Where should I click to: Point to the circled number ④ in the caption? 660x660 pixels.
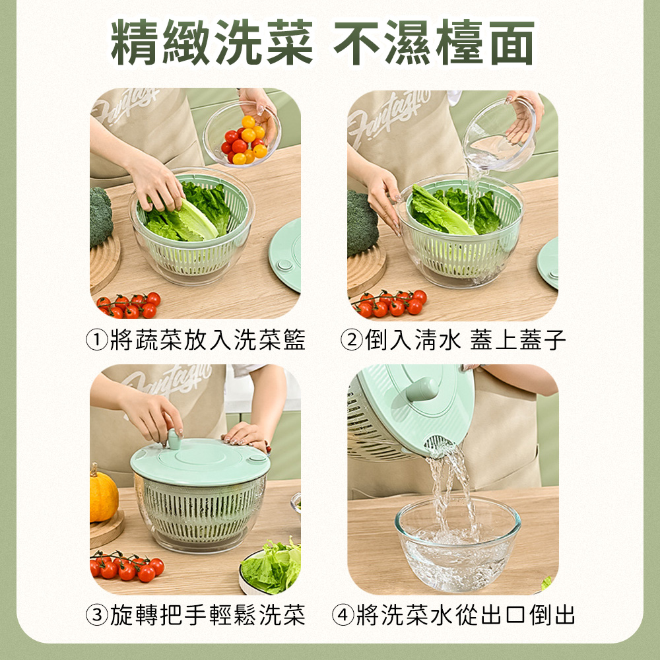pos(343,615)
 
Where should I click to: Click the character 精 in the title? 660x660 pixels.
pos(137,43)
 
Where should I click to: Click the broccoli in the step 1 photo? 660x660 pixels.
pos(100,216)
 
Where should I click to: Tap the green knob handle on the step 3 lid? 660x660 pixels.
pos(175,439)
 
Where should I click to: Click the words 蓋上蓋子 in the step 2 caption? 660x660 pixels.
pos(517,341)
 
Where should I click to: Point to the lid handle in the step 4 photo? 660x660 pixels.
pos(421,389)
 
